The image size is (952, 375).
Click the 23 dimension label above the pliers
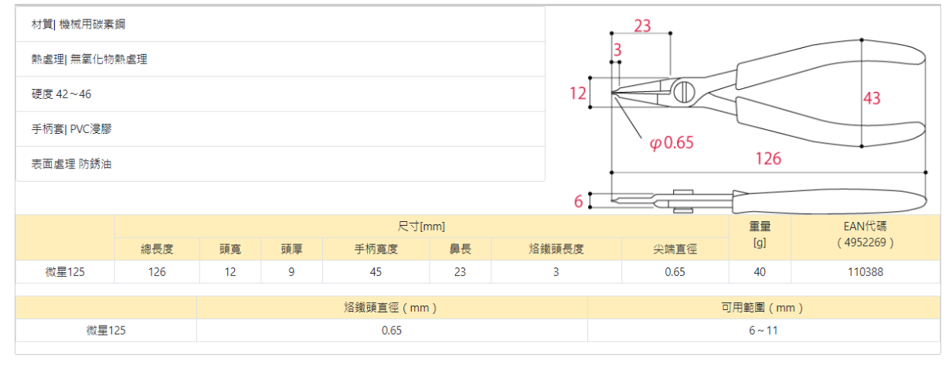coord(642,26)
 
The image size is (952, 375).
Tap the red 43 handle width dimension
coord(872,98)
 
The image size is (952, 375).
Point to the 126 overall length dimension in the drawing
coord(768,159)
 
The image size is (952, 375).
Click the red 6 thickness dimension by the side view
coord(578,202)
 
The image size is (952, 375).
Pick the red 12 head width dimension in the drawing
coord(578,94)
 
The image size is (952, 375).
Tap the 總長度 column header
coord(157,249)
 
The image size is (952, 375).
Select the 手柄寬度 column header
coord(376,249)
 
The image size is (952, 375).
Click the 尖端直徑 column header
coord(675,249)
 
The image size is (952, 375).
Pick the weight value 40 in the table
coord(760,272)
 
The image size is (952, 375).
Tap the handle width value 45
coord(376,272)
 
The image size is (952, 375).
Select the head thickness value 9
coord(291,272)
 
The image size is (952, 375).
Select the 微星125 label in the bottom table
coord(106,330)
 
